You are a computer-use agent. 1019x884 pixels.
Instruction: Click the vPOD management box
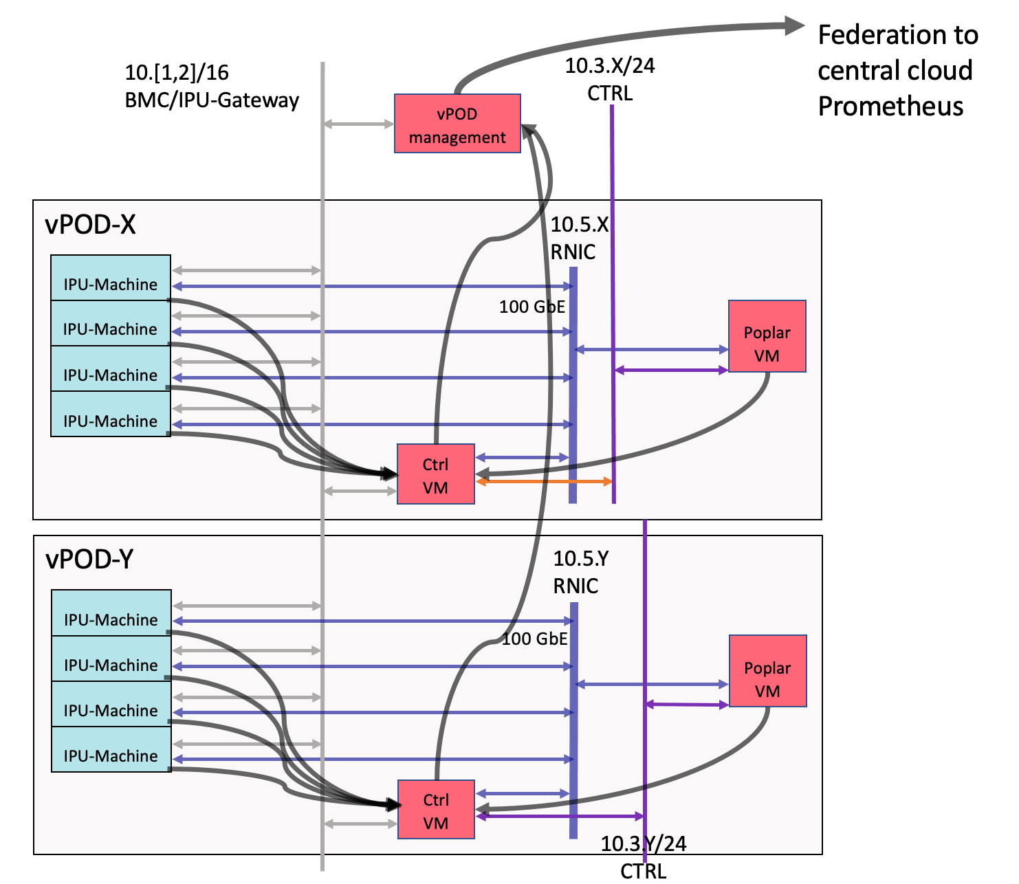point(457,124)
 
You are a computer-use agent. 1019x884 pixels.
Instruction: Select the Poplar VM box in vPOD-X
point(767,336)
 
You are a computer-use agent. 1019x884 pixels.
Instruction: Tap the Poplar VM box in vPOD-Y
point(767,671)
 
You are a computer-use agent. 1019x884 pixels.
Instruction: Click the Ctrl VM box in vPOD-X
point(436,474)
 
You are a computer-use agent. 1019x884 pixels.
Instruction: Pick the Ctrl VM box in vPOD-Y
point(436,810)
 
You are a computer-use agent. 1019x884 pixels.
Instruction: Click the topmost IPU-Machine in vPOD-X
point(110,278)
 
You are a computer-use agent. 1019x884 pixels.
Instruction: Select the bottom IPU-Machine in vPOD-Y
point(111,750)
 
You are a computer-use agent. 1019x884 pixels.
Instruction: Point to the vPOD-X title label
point(90,225)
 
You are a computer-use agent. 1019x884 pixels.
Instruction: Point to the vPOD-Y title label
point(89,560)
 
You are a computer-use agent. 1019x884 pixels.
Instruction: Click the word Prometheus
point(890,107)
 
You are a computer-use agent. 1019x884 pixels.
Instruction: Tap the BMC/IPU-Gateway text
point(212,100)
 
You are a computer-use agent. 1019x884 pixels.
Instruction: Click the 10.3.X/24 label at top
point(610,66)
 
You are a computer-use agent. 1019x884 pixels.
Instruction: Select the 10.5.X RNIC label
point(579,238)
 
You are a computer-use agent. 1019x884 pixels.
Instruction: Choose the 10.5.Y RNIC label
point(580,572)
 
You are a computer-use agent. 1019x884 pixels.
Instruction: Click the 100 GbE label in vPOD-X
point(532,307)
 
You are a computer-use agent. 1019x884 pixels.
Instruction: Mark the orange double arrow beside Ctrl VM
point(543,482)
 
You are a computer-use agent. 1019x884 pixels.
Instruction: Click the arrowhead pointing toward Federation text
point(795,26)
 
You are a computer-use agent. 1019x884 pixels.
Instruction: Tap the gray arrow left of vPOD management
point(358,124)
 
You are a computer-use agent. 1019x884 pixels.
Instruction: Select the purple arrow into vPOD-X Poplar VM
point(671,371)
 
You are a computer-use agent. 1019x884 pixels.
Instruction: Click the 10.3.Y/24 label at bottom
point(643,844)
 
